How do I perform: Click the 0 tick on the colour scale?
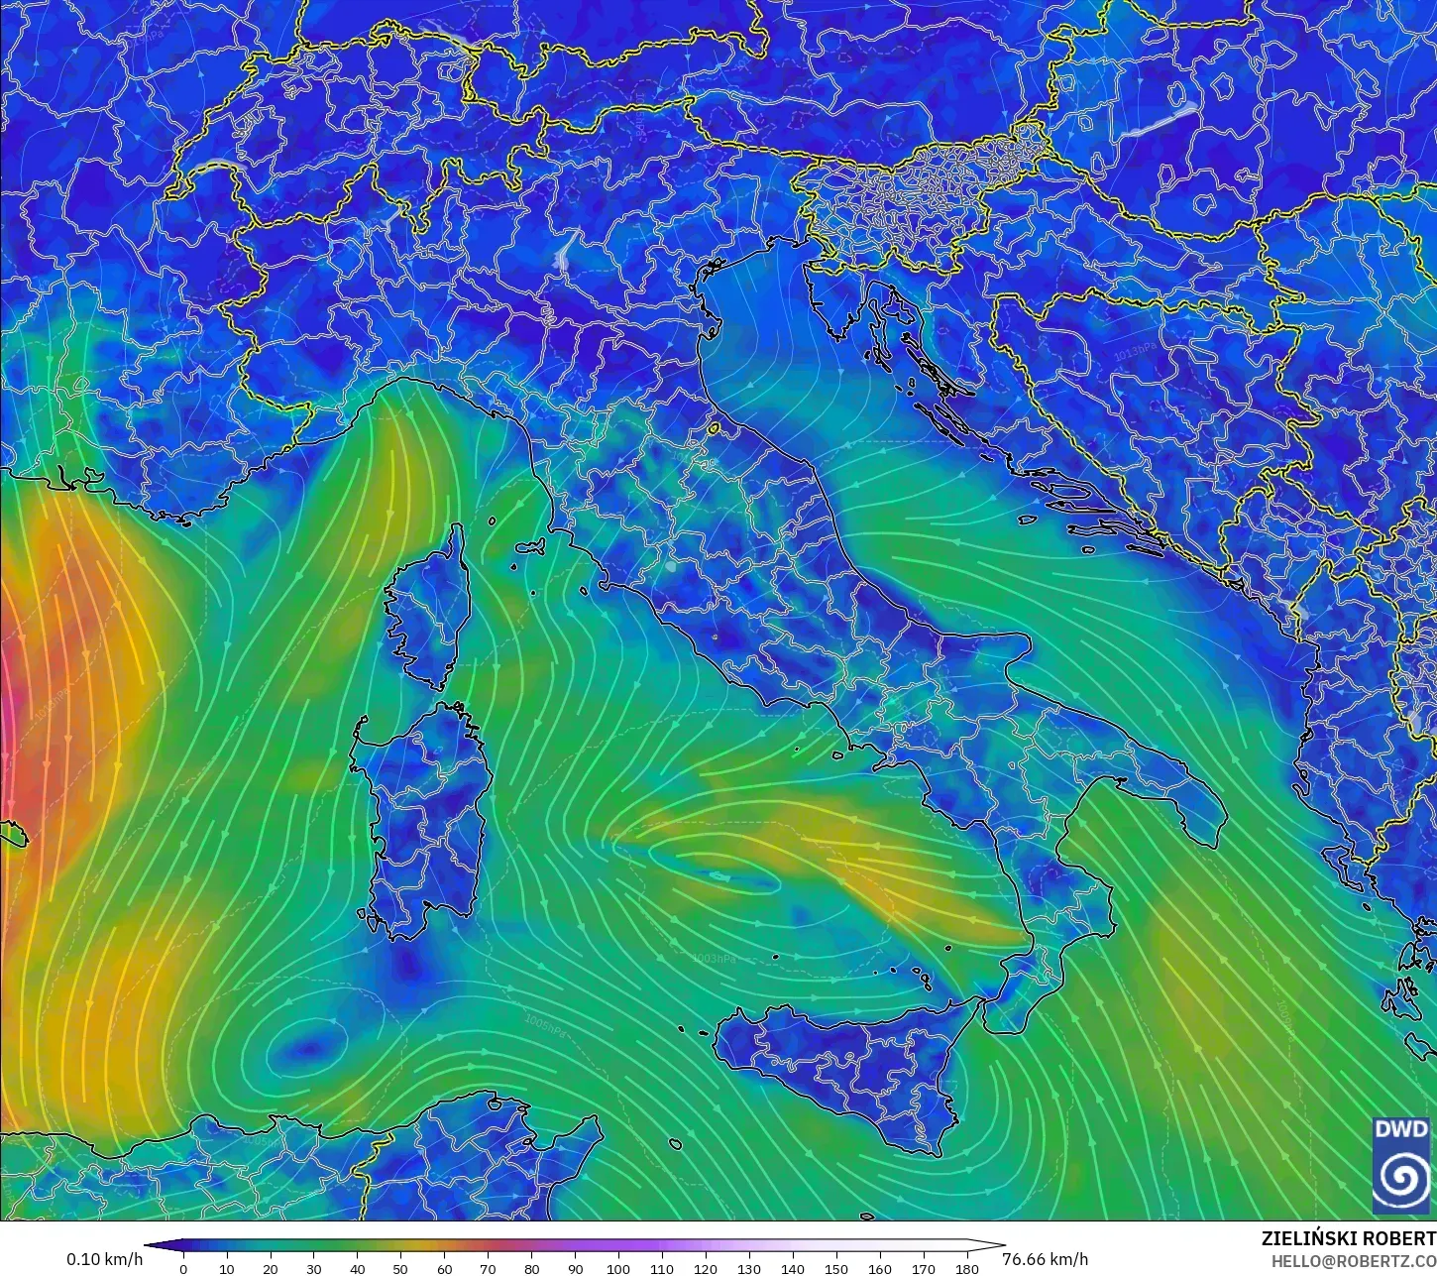click(x=183, y=1268)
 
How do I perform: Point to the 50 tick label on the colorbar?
click(x=400, y=1268)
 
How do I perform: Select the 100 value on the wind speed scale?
click(x=618, y=1268)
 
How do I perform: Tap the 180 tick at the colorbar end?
click(x=966, y=1268)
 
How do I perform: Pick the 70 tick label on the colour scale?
click(x=488, y=1268)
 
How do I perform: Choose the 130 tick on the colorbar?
click(x=748, y=1268)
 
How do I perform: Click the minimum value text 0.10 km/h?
click(x=104, y=1259)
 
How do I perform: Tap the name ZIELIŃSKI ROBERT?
click(x=1348, y=1238)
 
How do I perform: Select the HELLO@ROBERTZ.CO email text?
click(x=1354, y=1261)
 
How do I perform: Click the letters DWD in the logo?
click(x=1401, y=1129)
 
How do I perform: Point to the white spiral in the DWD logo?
click(x=1401, y=1177)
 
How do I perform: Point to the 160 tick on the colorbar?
click(x=879, y=1268)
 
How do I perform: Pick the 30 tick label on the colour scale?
click(x=313, y=1268)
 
